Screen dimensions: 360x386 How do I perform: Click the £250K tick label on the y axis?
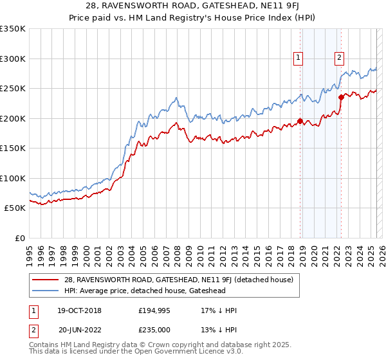(x=12, y=89)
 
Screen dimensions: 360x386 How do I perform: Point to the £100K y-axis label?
(x=12, y=178)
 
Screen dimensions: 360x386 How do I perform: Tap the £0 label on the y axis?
(x=19, y=238)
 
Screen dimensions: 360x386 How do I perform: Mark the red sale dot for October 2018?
(x=300, y=121)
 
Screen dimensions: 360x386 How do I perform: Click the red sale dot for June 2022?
(x=342, y=97)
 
